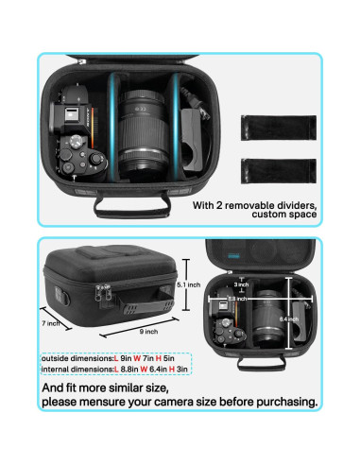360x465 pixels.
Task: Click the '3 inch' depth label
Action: coord(242,284)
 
